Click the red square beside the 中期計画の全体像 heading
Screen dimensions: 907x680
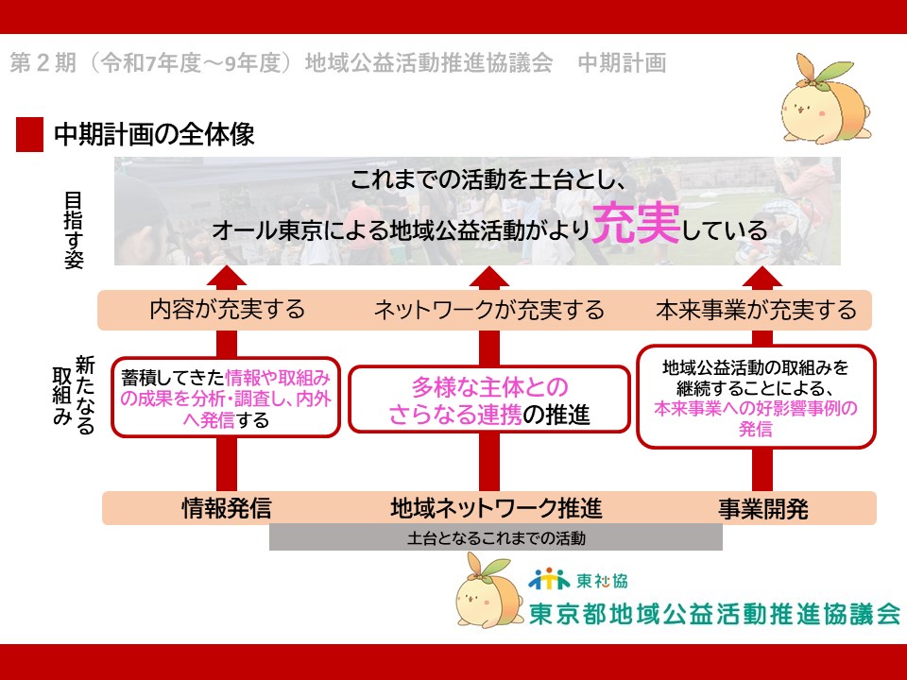tap(29, 134)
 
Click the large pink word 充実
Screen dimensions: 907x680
tap(636, 224)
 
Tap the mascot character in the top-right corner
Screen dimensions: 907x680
tap(826, 98)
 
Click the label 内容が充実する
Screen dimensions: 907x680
tap(228, 310)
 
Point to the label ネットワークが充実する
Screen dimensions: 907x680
tap(489, 310)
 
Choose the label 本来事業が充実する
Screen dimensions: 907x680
tap(756, 310)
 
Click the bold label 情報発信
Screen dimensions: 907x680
tap(226, 508)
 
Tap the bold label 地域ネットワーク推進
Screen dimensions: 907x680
tap(496, 508)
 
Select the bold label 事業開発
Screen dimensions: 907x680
tap(763, 509)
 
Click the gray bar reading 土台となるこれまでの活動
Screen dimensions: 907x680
tap(496, 537)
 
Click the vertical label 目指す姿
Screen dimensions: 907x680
tap(74, 230)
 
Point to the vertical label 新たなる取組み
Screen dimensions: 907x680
tap(74, 395)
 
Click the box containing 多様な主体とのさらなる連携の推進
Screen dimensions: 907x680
tap(489, 399)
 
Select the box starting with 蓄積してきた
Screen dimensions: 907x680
tap(226, 398)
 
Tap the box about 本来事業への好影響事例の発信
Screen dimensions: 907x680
tap(756, 397)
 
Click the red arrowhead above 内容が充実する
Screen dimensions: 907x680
tap(226, 277)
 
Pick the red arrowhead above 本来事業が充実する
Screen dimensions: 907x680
tap(762, 277)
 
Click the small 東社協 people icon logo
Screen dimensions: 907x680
tap(549, 579)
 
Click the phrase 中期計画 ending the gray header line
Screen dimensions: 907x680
tap(622, 63)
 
